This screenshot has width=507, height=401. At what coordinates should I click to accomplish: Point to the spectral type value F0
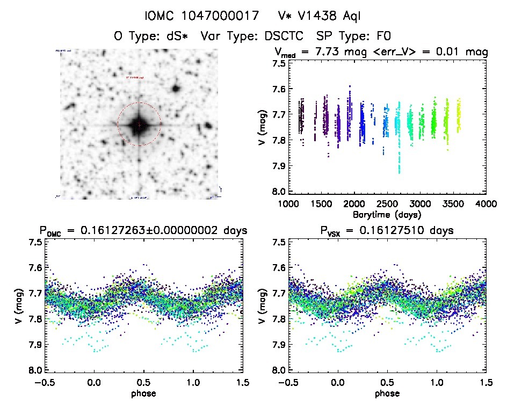coord(382,37)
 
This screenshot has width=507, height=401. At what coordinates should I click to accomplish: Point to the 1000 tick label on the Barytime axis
coord(288,204)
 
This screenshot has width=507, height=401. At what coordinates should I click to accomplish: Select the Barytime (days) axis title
coord(387,214)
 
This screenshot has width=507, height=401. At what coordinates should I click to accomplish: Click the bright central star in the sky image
coord(139,125)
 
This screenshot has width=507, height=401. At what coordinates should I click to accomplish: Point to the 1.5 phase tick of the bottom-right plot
coord(486,382)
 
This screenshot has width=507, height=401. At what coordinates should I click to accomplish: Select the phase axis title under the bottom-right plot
coord(387,392)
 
